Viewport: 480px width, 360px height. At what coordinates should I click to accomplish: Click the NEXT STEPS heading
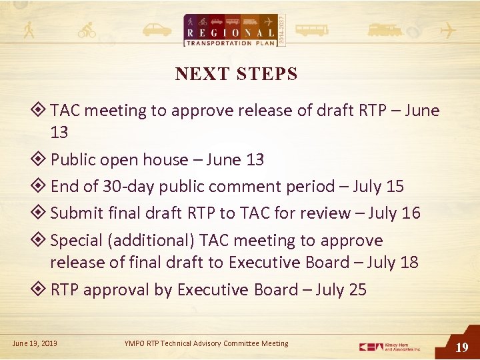point(236,75)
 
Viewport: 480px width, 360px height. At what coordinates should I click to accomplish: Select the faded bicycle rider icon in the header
point(87,30)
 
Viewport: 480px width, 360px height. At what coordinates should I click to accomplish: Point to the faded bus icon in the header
point(311,30)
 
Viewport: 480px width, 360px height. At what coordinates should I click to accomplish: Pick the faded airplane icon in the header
point(449,31)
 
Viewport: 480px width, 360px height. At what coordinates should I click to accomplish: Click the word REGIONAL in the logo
point(230,33)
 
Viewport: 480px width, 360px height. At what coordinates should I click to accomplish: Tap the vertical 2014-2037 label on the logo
point(281,29)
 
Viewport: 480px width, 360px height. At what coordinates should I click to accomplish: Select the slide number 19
point(461,347)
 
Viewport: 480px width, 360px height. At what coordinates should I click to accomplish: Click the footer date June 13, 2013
point(35,343)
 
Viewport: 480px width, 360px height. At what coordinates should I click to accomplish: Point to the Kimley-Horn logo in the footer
point(390,347)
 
